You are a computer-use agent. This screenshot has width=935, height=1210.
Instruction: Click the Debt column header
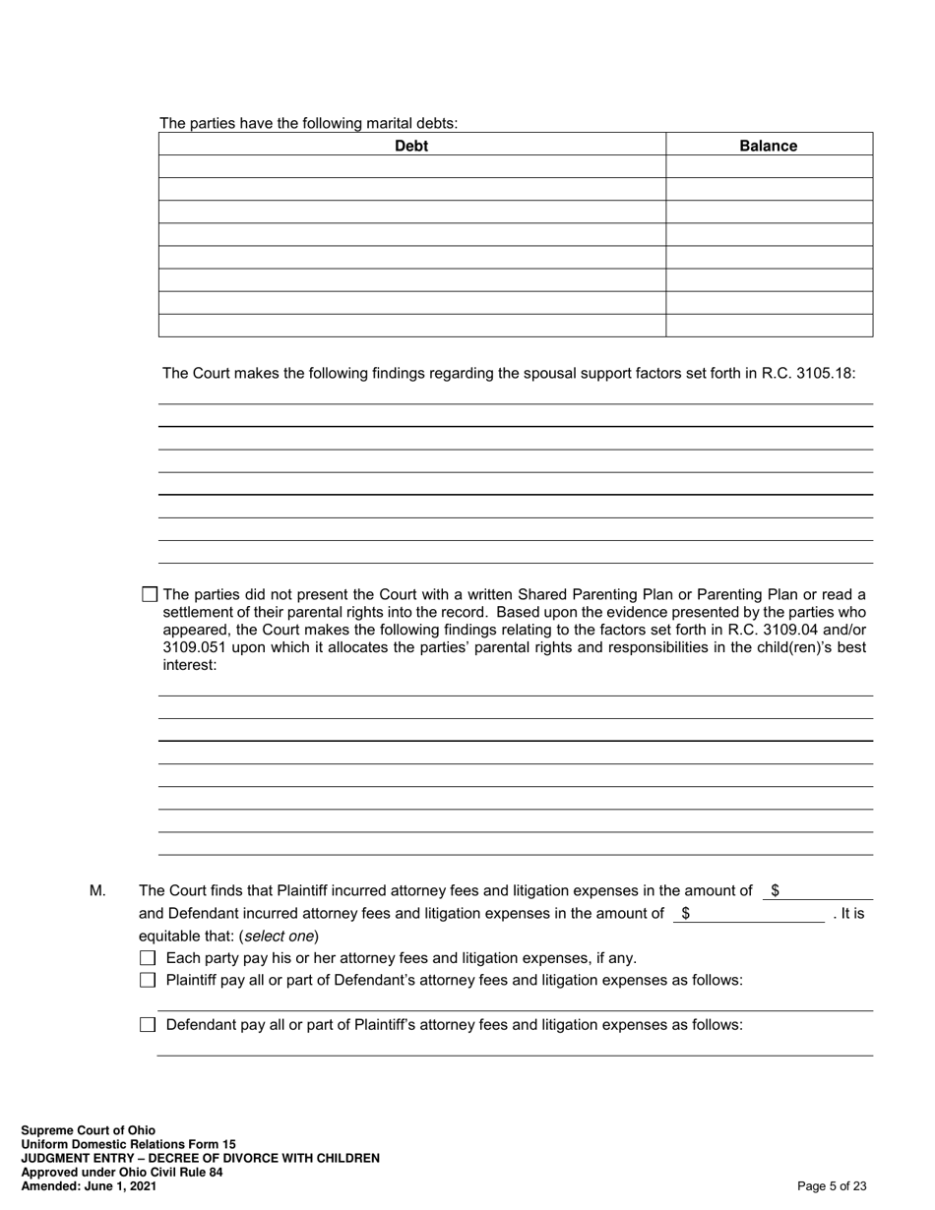pyautogui.click(x=411, y=146)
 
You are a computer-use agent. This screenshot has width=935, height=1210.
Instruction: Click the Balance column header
pyautogui.click(x=768, y=146)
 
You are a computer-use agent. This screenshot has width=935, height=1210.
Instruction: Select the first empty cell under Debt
pyautogui.click(x=411, y=166)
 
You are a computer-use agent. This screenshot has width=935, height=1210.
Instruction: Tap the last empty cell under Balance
pyautogui.click(x=768, y=326)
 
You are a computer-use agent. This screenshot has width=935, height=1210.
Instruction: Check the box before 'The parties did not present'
pyautogui.click(x=150, y=594)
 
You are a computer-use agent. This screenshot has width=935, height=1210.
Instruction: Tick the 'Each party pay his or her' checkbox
pyautogui.click(x=148, y=958)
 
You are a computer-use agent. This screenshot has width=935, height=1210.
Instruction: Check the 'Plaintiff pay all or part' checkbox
pyautogui.click(x=148, y=980)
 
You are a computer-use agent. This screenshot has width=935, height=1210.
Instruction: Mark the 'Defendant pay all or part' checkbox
pyautogui.click(x=148, y=1025)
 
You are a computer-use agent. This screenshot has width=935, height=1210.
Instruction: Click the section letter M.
pyautogui.click(x=97, y=891)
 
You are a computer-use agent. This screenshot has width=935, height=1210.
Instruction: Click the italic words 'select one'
pyautogui.click(x=279, y=937)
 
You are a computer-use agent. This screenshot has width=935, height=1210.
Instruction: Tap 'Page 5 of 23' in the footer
pyautogui.click(x=832, y=1186)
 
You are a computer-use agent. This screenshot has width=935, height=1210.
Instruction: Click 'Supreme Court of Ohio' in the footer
pyautogui.click(x=88, y=1130)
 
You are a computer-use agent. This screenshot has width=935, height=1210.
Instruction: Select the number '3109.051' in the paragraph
pyautogui.click(x=192, y=647)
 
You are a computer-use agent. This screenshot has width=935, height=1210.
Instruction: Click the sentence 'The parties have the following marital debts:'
pyautogui.click(x=308, y=123)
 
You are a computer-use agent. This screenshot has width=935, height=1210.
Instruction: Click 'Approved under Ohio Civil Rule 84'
pyautogui.click(x=121, y=1173)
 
